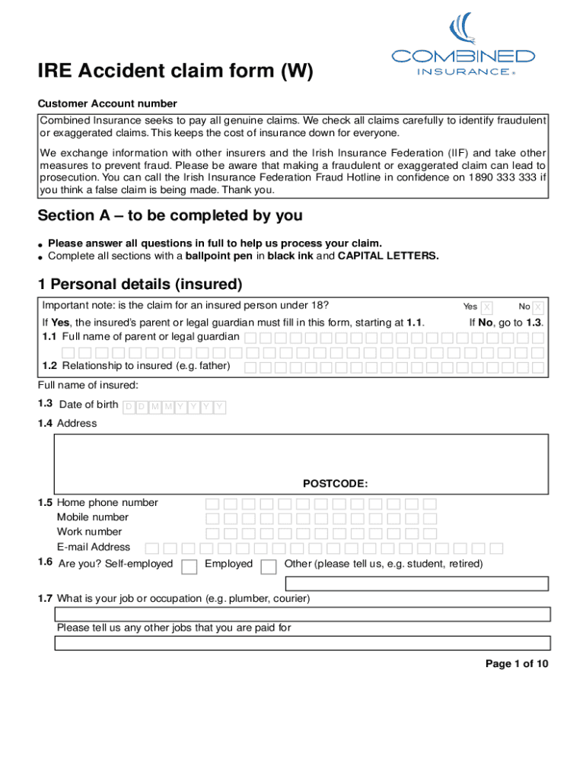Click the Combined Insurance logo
[x=463, y=45]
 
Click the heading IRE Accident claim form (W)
[x=176, y=72]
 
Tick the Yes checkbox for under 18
[x=487, y=307]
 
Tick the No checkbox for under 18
[x=538, y=307]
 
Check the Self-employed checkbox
[x=190, y=566]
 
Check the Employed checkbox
[x=268, y=566]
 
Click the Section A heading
[x=170, y=216]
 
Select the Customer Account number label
[x=108, y=103]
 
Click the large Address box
[x=301, y=456]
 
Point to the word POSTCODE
[x=335, y=483]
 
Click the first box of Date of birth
[x=129, y=407]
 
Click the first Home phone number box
[x=212, y=504]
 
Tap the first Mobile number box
[x=212, y=518]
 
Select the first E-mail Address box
[x=153, y=548]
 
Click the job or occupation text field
[x=302, y=615]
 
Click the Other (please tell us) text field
[x=416, y=583]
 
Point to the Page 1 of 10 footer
[x=517, y=664]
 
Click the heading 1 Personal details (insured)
[x=140, y=285]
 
